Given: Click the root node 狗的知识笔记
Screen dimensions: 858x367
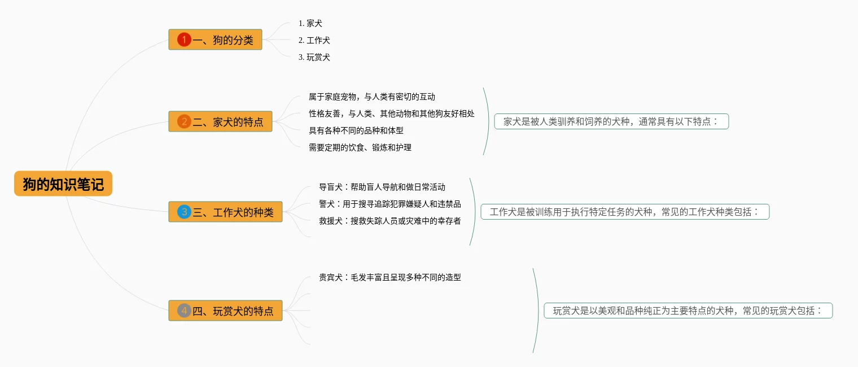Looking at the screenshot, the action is [x=63, y=184].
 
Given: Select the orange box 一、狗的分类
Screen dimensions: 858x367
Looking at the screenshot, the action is [x=215, y=40].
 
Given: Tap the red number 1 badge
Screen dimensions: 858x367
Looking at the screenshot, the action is [x=184, y=40].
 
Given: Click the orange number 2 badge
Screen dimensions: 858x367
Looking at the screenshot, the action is [x=184, y=121].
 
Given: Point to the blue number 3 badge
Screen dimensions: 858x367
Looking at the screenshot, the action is [x=184, y=212].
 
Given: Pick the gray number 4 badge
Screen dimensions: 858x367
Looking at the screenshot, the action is [x=184, y=311].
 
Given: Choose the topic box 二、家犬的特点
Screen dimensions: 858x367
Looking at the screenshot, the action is [x=221, y=121].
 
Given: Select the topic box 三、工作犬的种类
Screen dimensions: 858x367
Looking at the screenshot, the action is [x=225, y=212].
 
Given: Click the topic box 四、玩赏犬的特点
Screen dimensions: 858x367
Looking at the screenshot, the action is [x=225, y=311].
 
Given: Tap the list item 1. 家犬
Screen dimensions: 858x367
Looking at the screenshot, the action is [x=310, y=23].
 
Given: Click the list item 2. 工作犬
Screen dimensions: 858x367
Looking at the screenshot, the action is [x=314, y=40].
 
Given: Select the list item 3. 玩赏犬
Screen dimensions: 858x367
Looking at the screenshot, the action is [x=314, y=57].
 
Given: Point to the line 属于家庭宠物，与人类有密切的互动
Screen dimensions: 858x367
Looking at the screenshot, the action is [x=372, y=97].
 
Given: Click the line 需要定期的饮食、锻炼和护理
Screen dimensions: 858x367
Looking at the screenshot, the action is [x=360, y=147].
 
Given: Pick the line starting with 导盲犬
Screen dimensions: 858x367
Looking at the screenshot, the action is [x=382, y=187].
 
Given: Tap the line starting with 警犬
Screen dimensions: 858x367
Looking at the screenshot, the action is [x=390, y=204].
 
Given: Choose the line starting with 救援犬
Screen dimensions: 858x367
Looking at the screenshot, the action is [x=390, y=221].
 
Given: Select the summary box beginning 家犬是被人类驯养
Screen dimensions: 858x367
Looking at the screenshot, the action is [x=611, y=121].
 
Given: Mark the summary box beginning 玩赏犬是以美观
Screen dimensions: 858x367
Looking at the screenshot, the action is [x=688, y=311].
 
